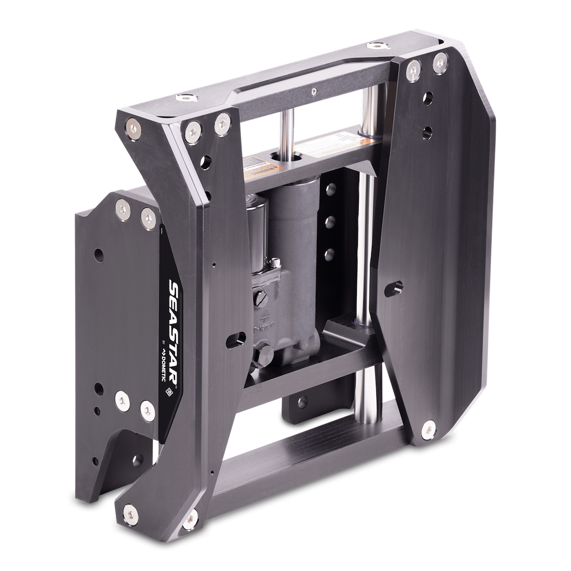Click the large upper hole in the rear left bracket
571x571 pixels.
click(99, 255)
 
